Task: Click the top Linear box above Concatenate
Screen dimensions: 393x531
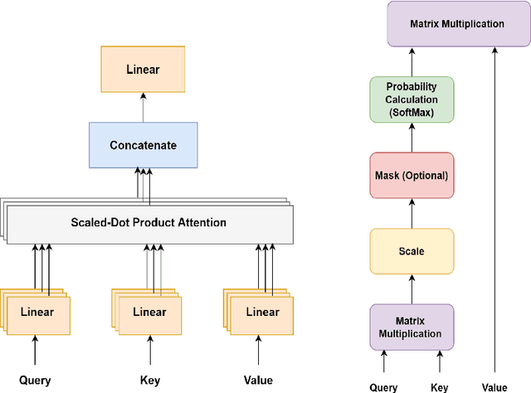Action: (143, 69)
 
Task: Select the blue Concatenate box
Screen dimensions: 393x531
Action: (143, 145)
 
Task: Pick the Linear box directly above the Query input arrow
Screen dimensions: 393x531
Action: (37, 313)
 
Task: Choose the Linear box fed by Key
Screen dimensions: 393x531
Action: (149, 313)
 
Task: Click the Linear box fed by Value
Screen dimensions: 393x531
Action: (262, 313)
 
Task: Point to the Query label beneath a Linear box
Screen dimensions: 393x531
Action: (35, 381)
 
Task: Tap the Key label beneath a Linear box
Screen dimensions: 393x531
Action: (149, 381)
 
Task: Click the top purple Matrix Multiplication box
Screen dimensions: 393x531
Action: (456, 24)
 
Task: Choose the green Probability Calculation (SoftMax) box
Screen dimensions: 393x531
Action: (412, 99)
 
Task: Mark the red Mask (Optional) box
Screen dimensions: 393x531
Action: (412, 176)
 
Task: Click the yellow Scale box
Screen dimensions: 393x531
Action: (412, 250)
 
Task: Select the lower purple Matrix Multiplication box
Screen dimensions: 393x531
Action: (412, 326)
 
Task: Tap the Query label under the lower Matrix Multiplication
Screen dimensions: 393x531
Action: (383, 386)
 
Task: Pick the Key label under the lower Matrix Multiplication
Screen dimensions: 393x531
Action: (440, 386)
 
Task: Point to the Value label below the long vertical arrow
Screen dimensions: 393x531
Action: (494, 386)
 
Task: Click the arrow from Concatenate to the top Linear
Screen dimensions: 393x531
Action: (143, 107)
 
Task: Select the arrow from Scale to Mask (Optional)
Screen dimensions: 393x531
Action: (412, 214)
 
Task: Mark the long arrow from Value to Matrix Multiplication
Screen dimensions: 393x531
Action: (494, 207)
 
